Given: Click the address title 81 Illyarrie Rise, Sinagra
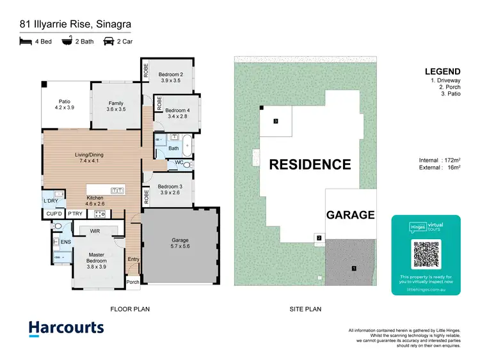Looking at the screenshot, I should click(75, 25).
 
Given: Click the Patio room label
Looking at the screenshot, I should click(65, 101).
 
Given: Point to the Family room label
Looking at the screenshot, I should click(116, 103).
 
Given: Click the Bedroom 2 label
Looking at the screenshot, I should click(171, 75).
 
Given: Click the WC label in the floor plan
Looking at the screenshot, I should click(180, 162).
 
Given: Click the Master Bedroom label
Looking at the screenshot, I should click(97, 257).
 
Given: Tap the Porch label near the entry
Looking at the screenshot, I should click(133, 281).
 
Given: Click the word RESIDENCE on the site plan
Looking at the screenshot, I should click(310, 164).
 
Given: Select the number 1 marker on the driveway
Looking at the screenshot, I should click(353, 267).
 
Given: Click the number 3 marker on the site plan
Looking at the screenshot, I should click(275, 121).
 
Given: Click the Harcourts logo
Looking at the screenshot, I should click(66, 328).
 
